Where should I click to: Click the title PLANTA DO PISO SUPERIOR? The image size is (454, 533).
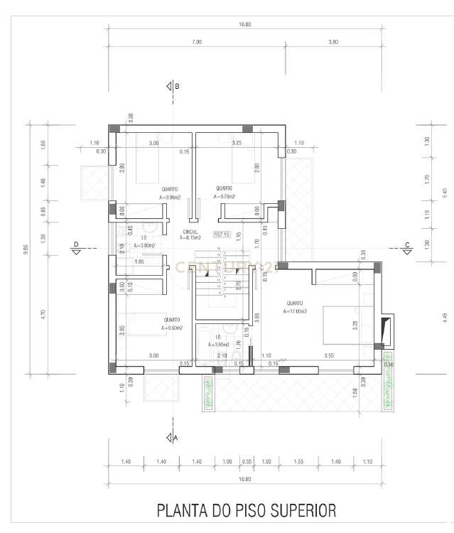tap(245, 510)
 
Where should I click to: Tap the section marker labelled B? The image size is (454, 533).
tap(171, 87)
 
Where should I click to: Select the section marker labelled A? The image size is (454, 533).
tap(171, 438)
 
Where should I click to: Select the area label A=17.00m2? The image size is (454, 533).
tap(295, 311)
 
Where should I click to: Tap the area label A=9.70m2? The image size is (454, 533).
tap(225, 197)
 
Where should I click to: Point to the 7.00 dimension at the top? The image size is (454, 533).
tap(197, 43)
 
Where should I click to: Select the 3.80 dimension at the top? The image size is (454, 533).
tap(333, 43)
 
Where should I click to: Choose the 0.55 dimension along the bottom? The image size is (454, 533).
tap(247, 462)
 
